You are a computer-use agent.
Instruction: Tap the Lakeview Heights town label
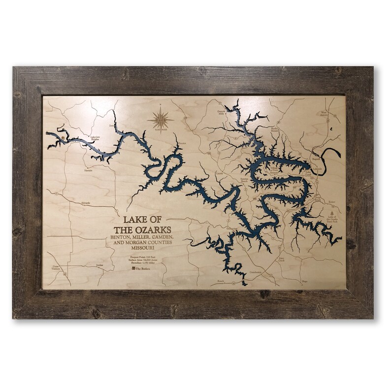click(x=98, y=139)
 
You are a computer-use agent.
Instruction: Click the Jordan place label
click(x=100, y=264)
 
